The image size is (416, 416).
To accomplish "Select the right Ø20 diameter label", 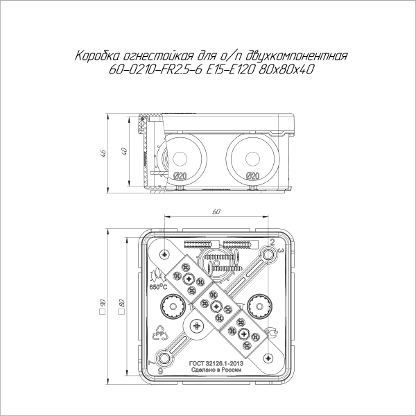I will pos(252,175).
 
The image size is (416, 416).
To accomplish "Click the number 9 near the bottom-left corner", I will pos(160,371).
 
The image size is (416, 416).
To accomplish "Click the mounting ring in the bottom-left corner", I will pos(164,358).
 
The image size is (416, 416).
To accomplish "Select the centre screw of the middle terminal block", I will pos(216,306).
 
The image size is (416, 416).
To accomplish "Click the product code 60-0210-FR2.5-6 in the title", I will pos(152,69).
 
